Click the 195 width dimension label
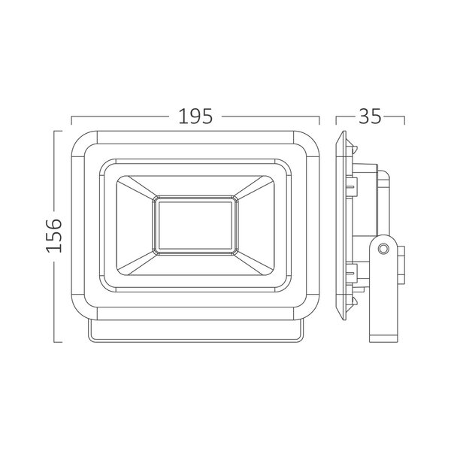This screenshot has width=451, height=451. point(195,117)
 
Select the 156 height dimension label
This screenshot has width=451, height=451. point(54,236)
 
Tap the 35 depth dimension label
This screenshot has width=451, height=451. point(370,117)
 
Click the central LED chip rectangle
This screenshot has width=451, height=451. point(195,225)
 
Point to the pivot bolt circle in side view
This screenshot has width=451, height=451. point(383,249)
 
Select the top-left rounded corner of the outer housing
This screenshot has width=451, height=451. point(84,144)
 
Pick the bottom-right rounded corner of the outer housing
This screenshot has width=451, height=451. point(307,307)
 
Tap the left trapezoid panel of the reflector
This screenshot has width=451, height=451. point(135,225)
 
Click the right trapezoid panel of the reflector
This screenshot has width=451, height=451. point(256,225)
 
